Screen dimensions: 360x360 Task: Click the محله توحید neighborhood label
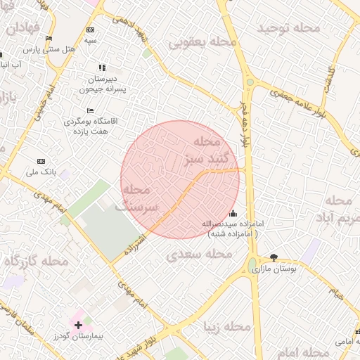click(289, 28)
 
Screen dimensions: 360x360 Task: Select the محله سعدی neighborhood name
click(200, 254)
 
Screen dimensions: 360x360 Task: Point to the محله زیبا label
click(226, 327)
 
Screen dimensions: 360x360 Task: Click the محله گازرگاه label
click(36, 262)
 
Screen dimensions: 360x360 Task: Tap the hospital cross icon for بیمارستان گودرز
click(78, 325)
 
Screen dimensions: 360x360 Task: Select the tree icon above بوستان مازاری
click(274, 258)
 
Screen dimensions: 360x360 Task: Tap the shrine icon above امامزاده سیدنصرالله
click(233, 214)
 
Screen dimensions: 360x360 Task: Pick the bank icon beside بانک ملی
click(40, 161)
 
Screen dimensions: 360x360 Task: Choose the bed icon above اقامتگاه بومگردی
click(90, 111)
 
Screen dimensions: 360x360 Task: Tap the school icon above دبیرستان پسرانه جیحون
click(102, 68)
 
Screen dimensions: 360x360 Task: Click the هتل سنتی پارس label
click(49, 50)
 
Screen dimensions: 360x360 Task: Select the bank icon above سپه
click(90, 30)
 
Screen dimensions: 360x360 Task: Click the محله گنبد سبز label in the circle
click(202, 150)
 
